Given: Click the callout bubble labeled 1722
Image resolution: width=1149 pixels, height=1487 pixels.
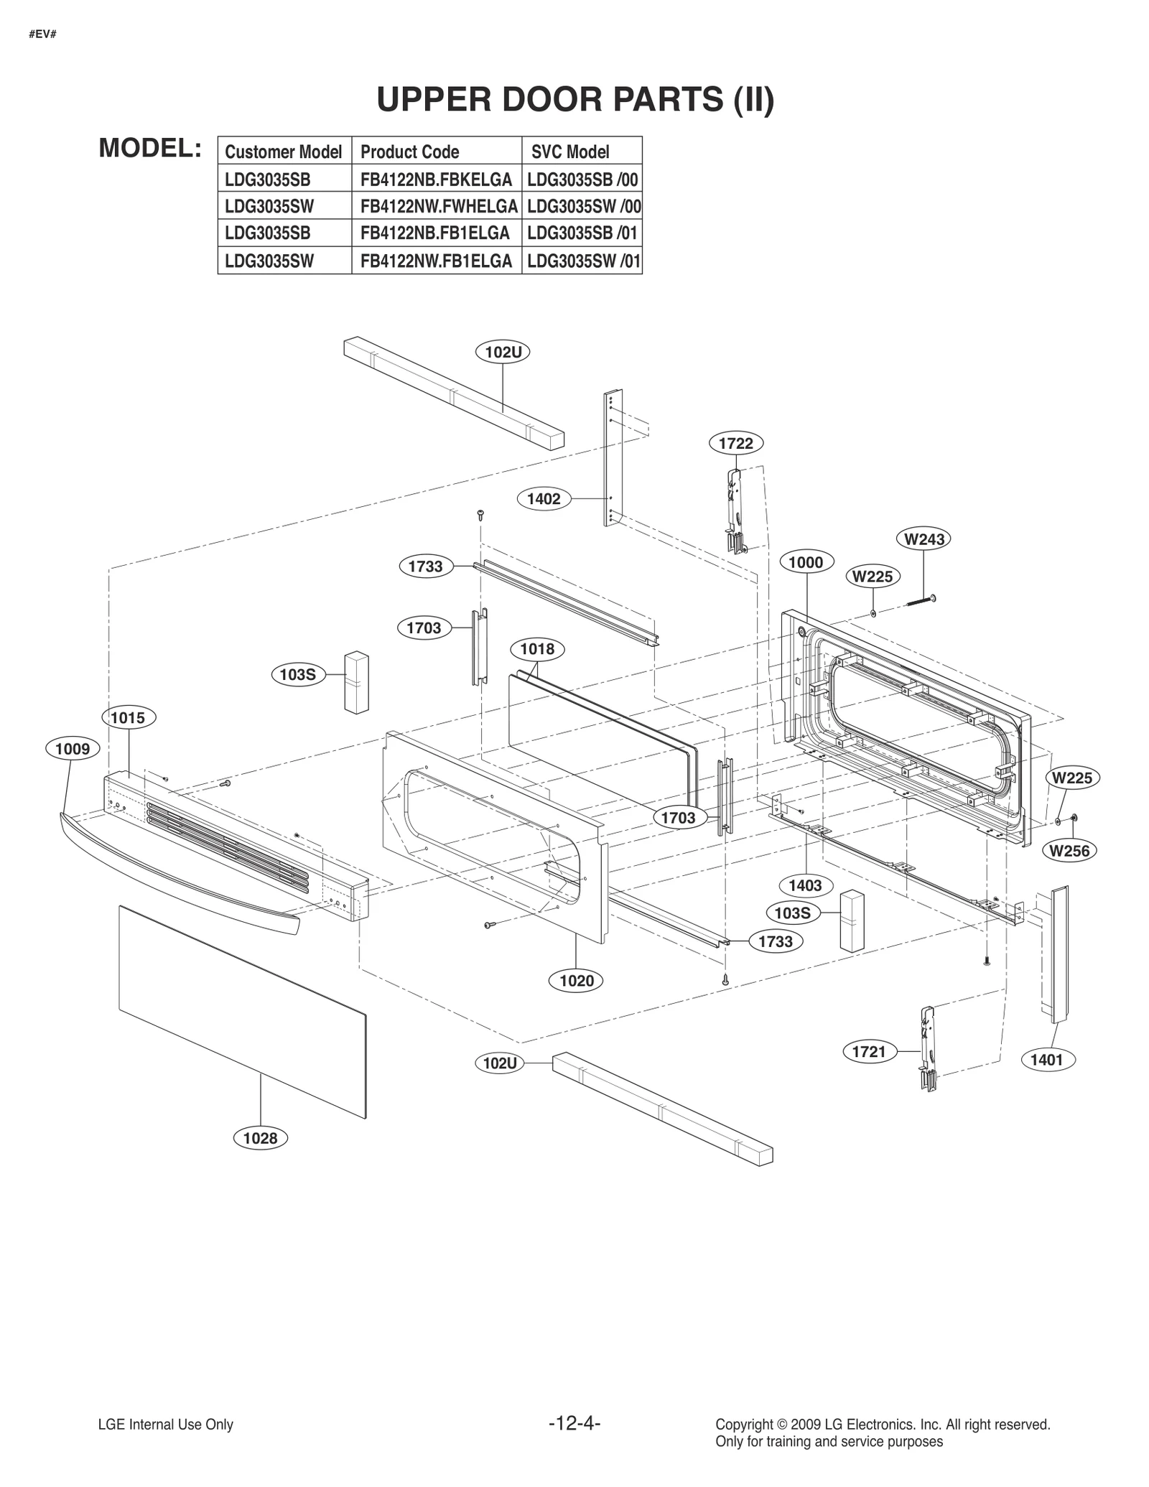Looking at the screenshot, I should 736,443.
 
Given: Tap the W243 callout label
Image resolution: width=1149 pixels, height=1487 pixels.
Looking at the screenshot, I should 924,539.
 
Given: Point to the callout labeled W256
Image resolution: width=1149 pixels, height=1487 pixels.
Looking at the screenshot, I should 1069,851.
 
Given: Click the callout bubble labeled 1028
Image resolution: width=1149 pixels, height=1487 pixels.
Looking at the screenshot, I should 260,1138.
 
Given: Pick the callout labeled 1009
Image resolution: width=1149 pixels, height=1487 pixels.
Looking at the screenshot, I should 73,749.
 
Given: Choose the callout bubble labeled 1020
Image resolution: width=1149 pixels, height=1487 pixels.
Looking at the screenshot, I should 576,980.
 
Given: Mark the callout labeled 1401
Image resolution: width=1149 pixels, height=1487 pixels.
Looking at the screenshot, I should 1046,1060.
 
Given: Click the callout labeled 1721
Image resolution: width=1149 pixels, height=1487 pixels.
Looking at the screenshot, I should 869,1052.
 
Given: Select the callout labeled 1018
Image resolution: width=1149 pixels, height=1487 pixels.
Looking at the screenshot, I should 537,649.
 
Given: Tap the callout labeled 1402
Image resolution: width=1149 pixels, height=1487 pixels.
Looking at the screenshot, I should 544,499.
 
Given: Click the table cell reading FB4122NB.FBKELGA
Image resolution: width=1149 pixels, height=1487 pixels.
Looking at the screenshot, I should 436,179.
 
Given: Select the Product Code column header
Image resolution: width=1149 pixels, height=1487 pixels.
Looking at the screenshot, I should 409,152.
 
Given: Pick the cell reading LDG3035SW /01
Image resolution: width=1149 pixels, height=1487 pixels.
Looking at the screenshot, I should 582,261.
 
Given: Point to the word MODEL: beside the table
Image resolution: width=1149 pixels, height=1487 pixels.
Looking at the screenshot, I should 149,148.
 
